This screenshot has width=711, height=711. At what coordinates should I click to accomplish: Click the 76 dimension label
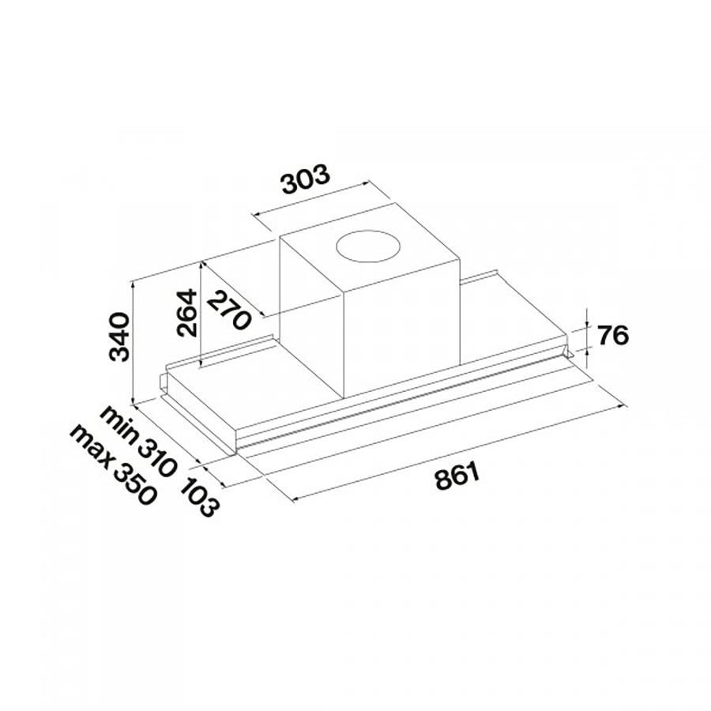[612, 335]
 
